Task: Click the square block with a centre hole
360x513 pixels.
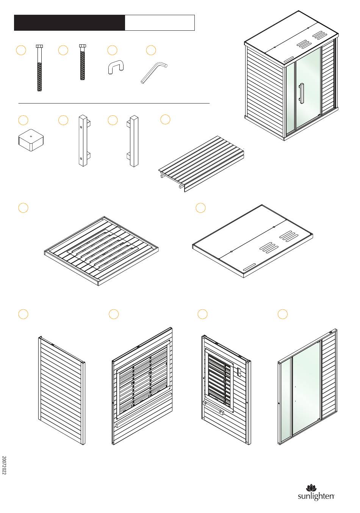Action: point(30,140)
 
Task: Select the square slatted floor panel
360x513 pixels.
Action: point(101,250)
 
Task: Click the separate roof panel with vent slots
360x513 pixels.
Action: point(253,241)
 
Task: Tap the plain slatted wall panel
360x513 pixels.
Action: point(62,391)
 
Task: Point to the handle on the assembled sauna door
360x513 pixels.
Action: point(301,93)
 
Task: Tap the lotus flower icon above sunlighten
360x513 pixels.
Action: point(311,488)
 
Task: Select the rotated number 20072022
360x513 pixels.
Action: point(4,465)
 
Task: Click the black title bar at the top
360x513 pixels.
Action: point(69,23)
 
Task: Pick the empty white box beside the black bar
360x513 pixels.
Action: point(160,23)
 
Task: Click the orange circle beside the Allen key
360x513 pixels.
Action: point(151,50)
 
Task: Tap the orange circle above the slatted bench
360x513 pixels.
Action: point(165,119)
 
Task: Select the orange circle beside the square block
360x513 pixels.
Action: point(23,120)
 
